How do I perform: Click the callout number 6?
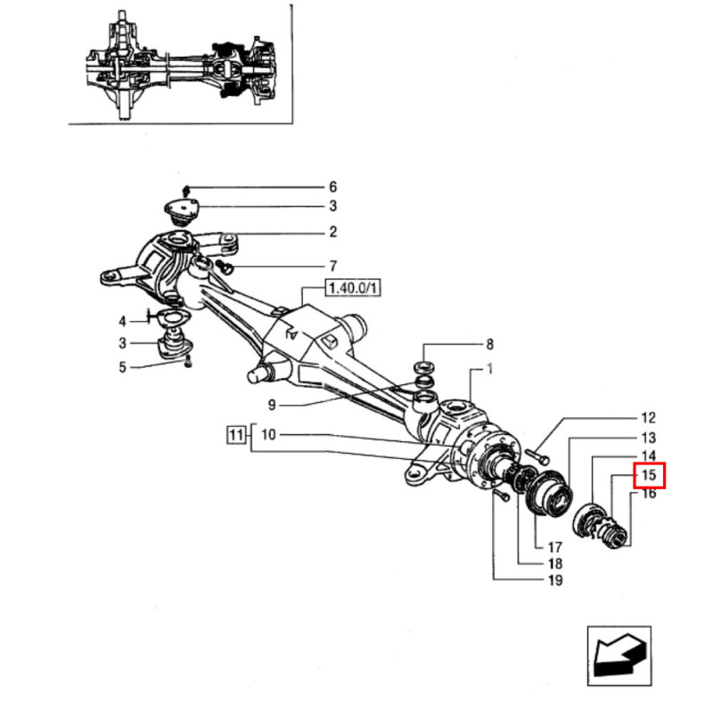(332, 187)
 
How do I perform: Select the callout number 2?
(332, 233)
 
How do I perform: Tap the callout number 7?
(332, 266)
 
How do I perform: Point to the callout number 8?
(489, 344)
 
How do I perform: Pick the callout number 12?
(648, 417)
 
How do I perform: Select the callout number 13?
(648, 438)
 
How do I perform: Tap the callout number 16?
(648, 494)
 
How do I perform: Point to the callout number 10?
(269, 435)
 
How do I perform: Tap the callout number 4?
(123, 320)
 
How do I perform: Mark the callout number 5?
(123, 365)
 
